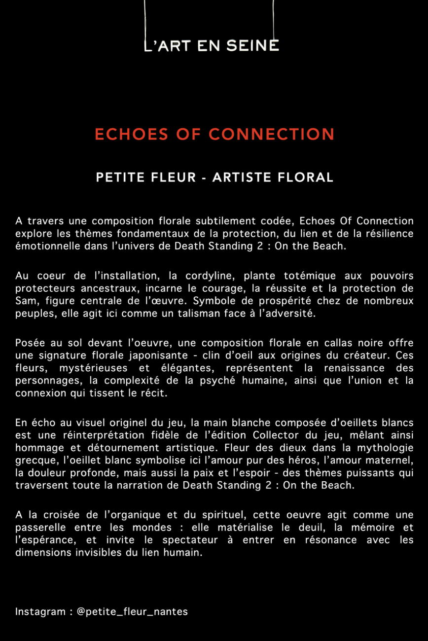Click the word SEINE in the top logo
(x=253, y=46)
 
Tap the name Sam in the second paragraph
(x=25, y=301)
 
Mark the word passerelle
(x=40, y=527)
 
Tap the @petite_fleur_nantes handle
(x=132, y=612)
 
